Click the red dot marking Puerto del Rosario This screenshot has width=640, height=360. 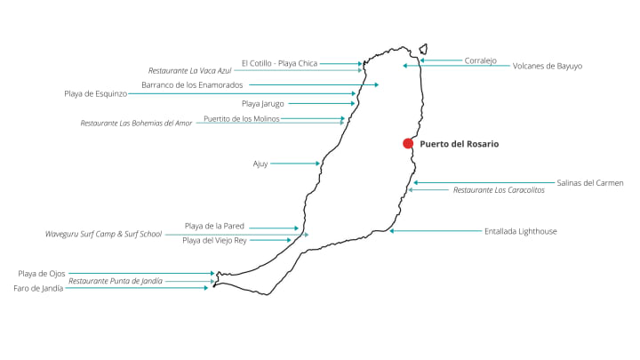point(408,143)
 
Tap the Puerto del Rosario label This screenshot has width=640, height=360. point(459,143)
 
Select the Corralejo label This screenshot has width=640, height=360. point(480,60)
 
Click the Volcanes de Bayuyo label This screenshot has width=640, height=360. point(548,66)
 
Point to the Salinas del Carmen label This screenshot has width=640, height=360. point(590,182)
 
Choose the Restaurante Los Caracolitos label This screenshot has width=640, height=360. point(499,190)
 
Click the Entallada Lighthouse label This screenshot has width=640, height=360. point(521,231)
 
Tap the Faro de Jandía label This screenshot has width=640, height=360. point(38,288)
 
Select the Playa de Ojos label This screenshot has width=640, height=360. point(41,274)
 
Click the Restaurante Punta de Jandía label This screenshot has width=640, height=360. point(116,281)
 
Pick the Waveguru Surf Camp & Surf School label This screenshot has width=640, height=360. point(104,235)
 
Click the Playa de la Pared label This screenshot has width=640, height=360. point(214,227)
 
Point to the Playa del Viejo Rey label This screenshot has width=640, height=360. point(214,240)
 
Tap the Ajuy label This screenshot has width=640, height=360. point(260,164)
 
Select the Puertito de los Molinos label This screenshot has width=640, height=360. point(242,118)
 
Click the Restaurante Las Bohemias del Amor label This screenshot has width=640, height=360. point(136,123)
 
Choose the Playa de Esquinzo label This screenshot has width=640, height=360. point(101,93)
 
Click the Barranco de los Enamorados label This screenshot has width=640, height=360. point(191,85)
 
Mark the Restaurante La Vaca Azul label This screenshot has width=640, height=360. point(189,69)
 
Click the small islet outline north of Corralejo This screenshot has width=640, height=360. point(424,50)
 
